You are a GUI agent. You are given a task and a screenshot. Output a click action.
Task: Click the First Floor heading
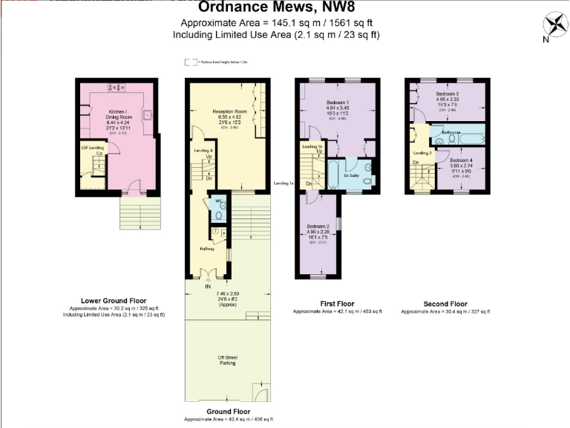coord(337,304)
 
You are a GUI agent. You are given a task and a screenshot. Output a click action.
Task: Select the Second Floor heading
coord(445,304)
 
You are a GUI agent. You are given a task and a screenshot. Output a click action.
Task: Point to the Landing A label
coord(201,151)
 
